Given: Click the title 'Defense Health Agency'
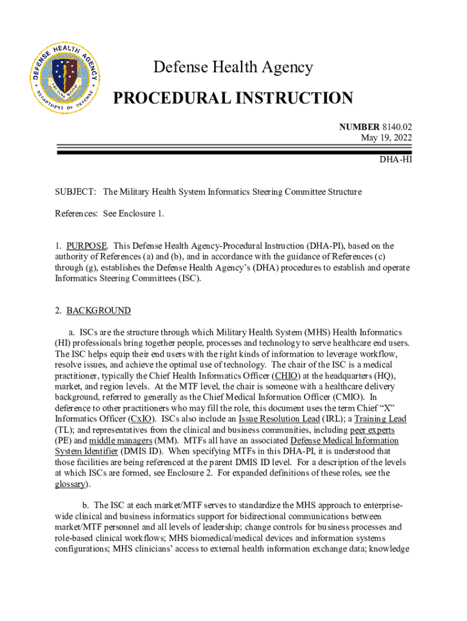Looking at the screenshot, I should [233, 67].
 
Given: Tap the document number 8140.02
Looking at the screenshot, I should [397, 127].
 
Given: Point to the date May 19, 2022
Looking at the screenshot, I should [386, 138].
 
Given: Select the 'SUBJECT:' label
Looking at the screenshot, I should [75, 192].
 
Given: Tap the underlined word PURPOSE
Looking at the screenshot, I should [87, 246].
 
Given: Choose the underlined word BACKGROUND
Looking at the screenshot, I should [98, 310].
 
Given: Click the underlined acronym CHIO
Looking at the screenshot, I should [286, 375].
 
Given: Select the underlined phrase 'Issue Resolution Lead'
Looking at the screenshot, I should [279, 418].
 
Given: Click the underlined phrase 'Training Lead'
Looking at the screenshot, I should [380, 418].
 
